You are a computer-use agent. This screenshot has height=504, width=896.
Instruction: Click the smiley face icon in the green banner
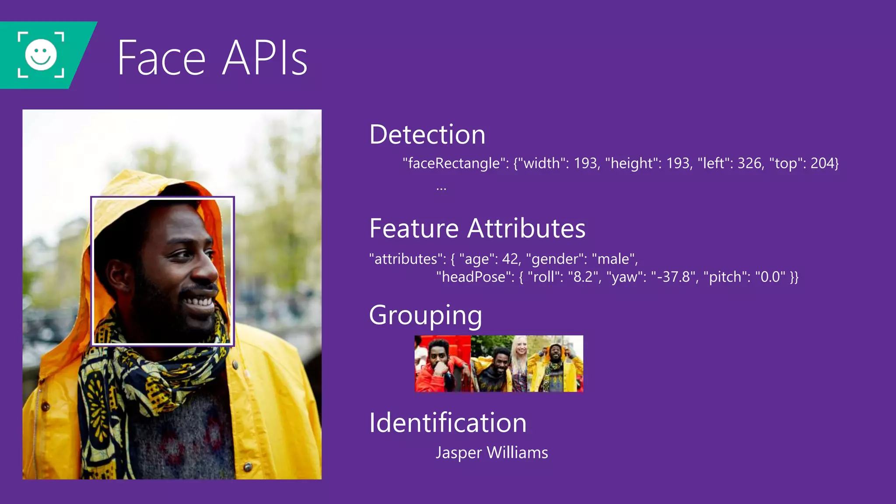coord(41,55)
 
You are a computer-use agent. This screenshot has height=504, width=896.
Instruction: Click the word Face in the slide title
coord(161,58)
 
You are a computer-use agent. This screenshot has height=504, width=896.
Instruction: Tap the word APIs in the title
coord(265,58)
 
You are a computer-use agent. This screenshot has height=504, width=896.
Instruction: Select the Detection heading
coord(427,134)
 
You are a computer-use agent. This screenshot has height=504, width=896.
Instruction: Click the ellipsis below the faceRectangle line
coord(441,189)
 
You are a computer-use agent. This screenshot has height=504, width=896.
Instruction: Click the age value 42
coord(510,259)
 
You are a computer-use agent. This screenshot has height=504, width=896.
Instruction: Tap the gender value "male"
coord(613,259)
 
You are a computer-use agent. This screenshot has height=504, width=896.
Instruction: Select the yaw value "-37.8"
coord(674,277)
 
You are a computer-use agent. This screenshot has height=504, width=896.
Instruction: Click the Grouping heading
coord(425,315)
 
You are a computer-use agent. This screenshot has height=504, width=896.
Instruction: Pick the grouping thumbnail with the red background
coord(442,364)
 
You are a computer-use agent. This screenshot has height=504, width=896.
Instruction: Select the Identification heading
coord(448,423)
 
